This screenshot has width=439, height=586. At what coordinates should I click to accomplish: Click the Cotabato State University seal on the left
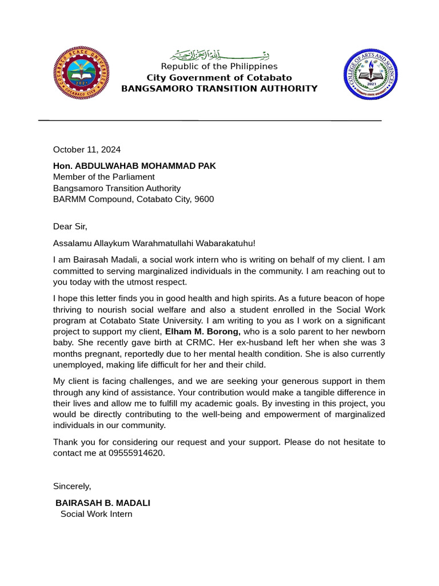[81, 73]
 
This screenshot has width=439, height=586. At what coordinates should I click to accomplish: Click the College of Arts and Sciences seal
[370, 75]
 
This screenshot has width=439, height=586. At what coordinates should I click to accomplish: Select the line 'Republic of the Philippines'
[219, 66]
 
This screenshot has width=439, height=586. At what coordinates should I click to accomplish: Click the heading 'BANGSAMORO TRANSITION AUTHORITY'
[219, 89]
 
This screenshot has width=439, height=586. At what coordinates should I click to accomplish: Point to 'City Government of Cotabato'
[219, 77]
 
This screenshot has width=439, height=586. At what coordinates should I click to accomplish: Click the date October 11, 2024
[87, 150]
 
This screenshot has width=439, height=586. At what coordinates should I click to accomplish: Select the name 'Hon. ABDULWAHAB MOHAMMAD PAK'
[134, 166]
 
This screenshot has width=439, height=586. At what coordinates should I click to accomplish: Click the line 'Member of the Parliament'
[103, 177]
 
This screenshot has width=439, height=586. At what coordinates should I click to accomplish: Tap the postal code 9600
[204, 199]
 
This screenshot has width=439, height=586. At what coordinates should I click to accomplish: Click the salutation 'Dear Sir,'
[70, 227]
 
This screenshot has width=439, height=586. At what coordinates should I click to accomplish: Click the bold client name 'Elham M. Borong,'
[203, 332]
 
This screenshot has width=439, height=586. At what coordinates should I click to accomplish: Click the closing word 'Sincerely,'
[72, 486]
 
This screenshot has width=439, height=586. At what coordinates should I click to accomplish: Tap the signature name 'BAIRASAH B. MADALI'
[103, 503]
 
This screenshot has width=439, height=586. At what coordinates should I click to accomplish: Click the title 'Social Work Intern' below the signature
[96, 514]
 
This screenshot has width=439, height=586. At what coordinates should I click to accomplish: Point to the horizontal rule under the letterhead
[210, 121]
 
